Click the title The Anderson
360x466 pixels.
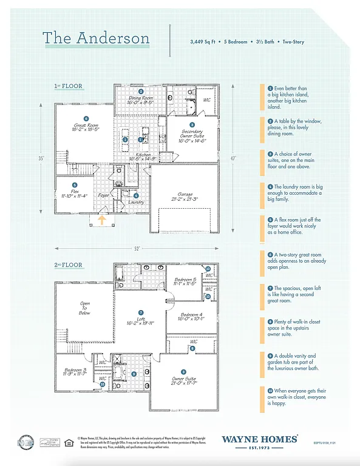(x=96, y=38)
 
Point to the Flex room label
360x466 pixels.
(x=74, y=193)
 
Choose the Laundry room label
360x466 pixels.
(x=137, y=202)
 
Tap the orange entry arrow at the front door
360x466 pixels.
(x=102, y=220)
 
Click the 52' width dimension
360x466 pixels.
(x=137, y=248)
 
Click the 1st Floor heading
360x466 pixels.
(x=67, y=86)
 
